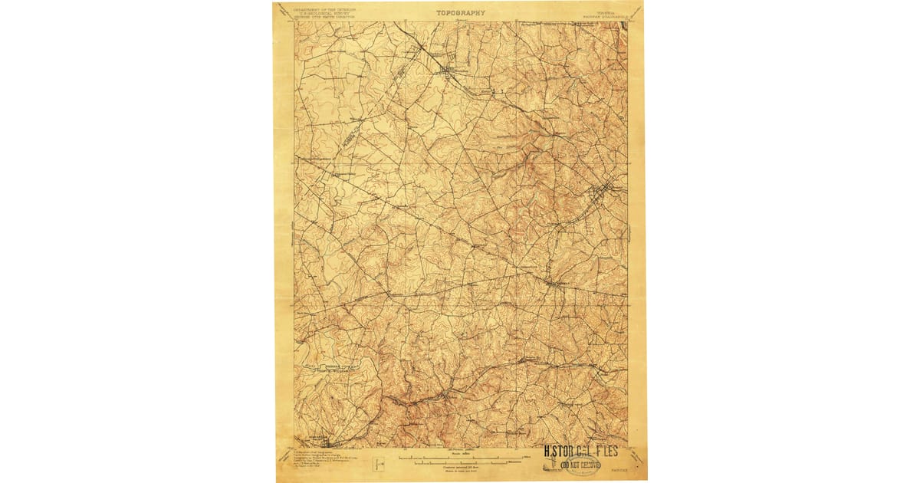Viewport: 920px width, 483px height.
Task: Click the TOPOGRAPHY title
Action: coord(461,12)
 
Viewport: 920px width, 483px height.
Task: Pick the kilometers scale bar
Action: coord(460,463)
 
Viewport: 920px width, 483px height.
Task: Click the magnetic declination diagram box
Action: coord(376,464)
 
